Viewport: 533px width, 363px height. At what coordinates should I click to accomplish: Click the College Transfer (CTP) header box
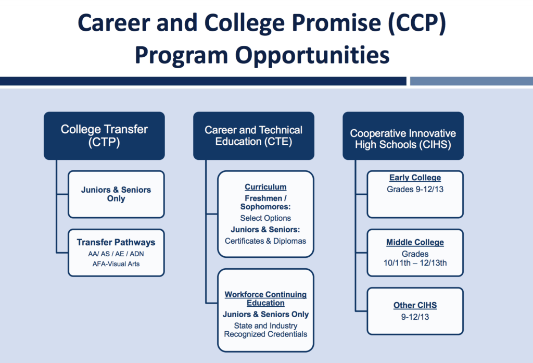pyautogui.click(x=104, y=136)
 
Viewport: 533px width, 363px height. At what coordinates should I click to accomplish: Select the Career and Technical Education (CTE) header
pyautogui.click(x=253, y=136)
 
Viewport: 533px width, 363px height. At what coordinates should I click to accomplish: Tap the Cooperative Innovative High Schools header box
pyautogui.click(x=403, y=136)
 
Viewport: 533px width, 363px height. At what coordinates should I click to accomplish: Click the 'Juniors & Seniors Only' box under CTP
pyautogui.click(x=116, y=194)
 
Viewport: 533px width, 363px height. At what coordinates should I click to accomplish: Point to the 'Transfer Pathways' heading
pyautogui.click(x=116, y=242)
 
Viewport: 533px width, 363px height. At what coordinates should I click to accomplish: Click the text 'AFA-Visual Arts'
pyautogui.click(x=116, y=264)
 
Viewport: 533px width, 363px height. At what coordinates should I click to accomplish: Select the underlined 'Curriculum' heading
pyautogui.click(x=265, y=187)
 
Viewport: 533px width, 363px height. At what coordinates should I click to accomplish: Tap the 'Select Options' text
pyautogui.click(x=265, y=218)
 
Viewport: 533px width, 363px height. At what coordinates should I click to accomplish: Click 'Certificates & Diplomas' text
pyautogui.click(x=265, y=241)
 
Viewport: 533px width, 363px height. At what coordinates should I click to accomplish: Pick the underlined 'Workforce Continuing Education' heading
pyautogui.click(x=265, y=299)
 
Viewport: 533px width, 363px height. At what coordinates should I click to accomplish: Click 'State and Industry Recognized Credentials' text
pyautogui.click(x=265, y=330)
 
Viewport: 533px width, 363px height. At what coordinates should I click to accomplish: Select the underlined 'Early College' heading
pyautogui.click(x=415, y=178)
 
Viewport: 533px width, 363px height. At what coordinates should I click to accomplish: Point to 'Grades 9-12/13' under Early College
pyautogui.click(x=415, y=189)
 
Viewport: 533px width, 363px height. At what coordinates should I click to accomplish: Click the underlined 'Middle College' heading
pyautogui.click(x=415, y=242)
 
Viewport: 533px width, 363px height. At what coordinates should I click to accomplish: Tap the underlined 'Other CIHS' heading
pyautogui.click(x=415, y=305)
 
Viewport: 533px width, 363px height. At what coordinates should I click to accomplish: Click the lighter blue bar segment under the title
pyautogui.click(x=472, y=81)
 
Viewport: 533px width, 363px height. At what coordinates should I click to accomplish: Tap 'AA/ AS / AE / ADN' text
pyautogui.click(x=116, y=254)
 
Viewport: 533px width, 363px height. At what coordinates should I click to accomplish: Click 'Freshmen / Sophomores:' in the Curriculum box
pyautogui.click(x=265, y=203)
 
